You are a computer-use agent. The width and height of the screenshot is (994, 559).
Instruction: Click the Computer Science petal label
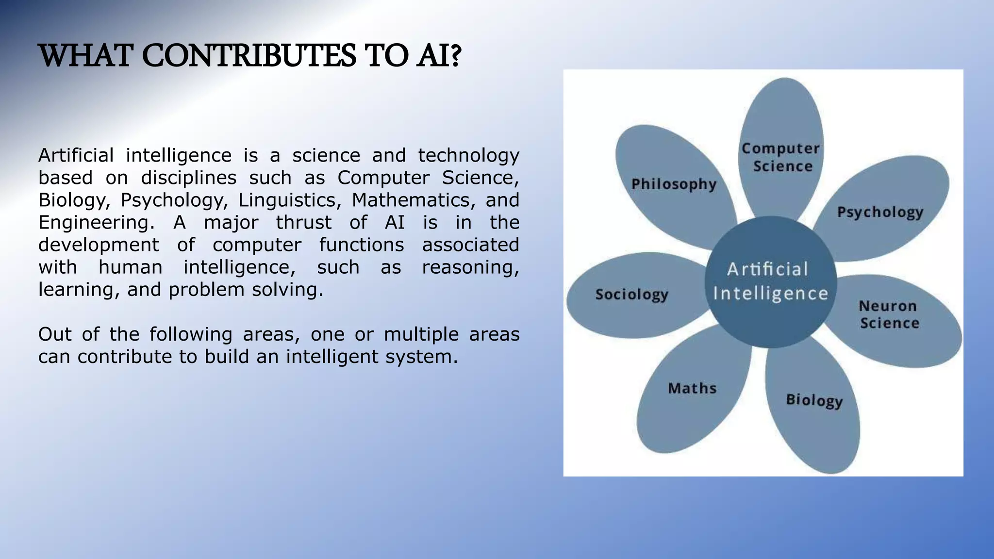click(x=780, y=157)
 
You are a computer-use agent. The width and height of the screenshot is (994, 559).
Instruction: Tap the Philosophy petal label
click(x=674, y=184)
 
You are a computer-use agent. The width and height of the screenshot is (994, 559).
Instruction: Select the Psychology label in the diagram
click(x=880, y=213)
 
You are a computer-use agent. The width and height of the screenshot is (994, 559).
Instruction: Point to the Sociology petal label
click(x=632, y=295)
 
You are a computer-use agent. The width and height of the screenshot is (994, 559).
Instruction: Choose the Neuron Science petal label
click(x=889, y=314)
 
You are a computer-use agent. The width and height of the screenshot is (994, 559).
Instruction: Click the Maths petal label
click(x=692, y=388)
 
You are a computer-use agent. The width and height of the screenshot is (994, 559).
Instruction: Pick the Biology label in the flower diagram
click(x=814, y=400)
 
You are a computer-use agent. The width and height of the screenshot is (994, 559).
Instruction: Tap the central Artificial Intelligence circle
click(x=770, y=282)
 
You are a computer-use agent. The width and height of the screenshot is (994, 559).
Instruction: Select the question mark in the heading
click(x=455, y=56)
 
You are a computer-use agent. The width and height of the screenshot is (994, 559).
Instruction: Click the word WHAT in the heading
click(x=85, y=56)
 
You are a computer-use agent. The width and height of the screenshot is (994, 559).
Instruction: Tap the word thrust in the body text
click(x=303, y=223)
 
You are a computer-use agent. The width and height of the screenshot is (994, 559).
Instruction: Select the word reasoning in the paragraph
click(x=470, y=267)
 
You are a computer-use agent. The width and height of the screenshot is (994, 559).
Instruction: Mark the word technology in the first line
click(x=468, y=156)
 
